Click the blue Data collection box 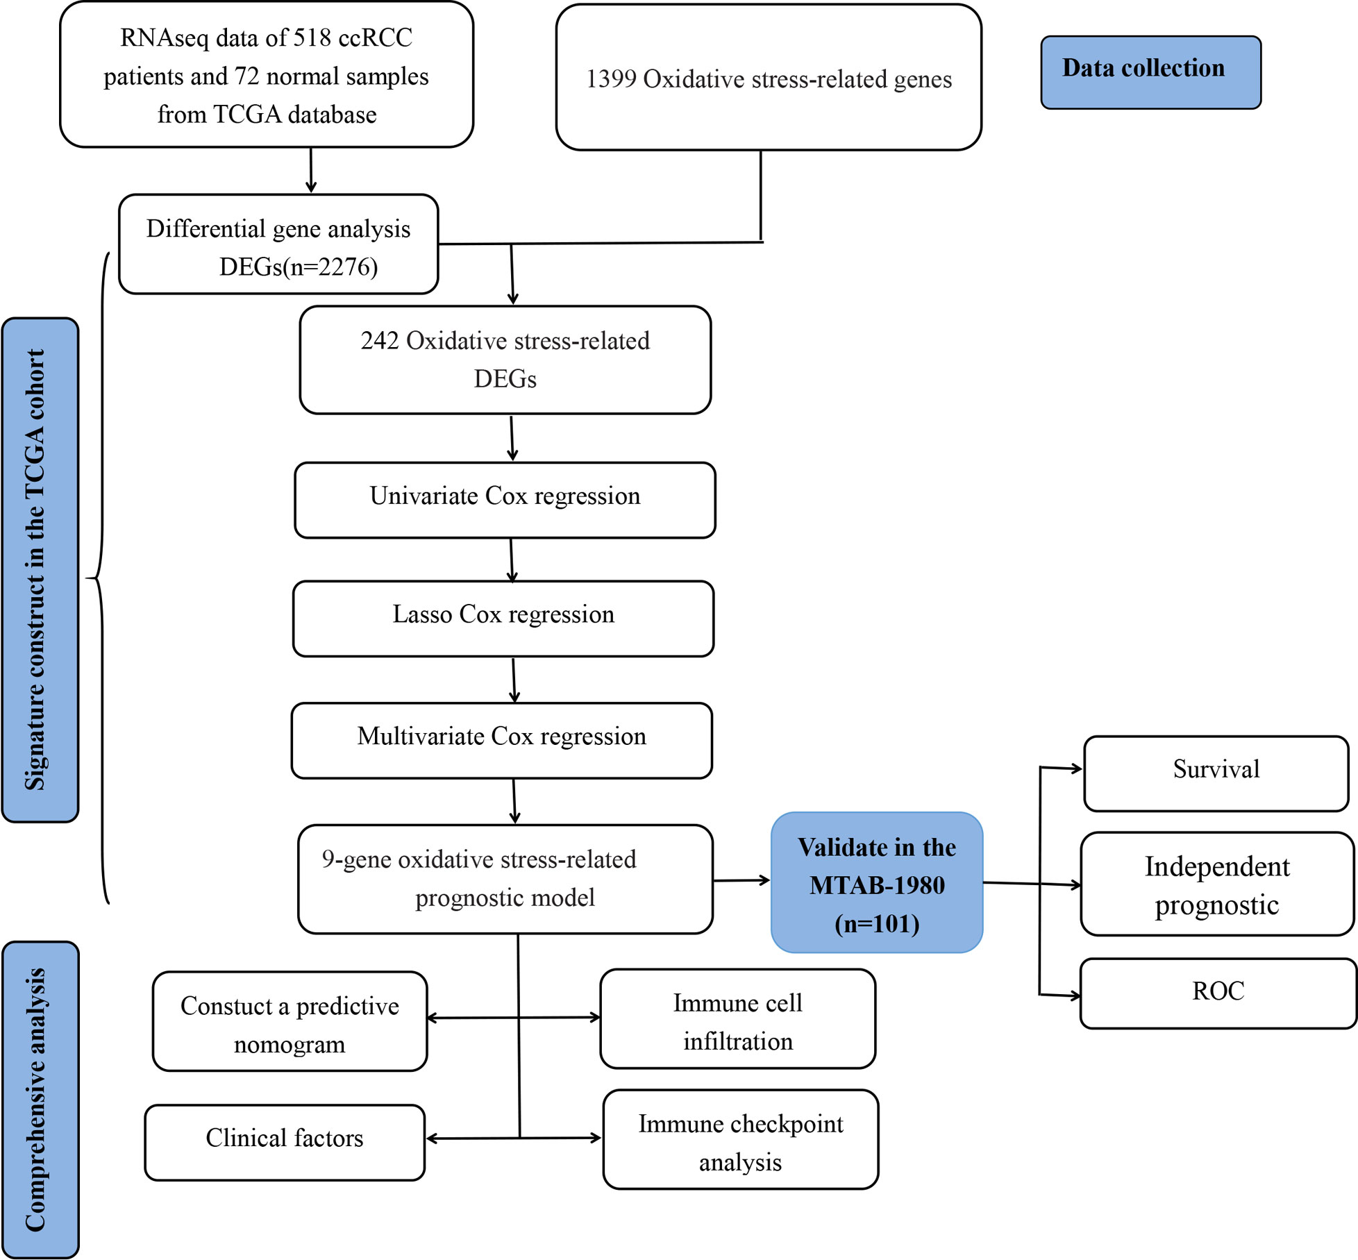point(1150,72)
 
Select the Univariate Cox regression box point(505,500)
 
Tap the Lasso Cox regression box point(503,619)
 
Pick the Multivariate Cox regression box point(502,740)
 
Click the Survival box point(1216,773)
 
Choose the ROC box point(1218,993)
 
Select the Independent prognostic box point(1217,884)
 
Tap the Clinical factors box point(285,1142)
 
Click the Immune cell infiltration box point(737,1019)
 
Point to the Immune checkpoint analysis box point(741,1139)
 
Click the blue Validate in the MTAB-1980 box point(877,882)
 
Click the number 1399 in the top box point(611,79)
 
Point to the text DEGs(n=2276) point(299,267)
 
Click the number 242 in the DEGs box point(380,341)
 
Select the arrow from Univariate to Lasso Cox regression point(512,560)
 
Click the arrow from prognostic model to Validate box point(742,880)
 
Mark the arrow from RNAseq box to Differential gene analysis point(310,170)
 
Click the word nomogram point(290,1045)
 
